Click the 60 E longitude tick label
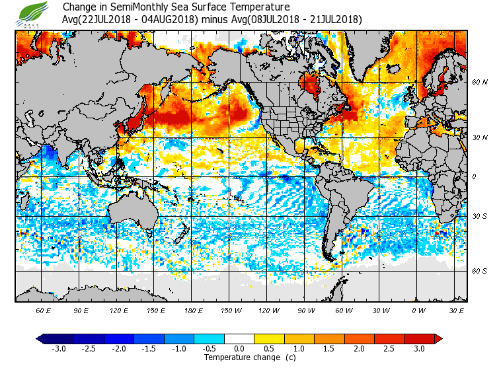[44, 311]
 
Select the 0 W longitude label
[418, 311]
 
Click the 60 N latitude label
[480, 82]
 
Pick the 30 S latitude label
[480, 217]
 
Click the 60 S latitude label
[480, 271]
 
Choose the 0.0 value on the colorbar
[239, 348]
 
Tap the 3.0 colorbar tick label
[419, 348]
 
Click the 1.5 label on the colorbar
[329, 348]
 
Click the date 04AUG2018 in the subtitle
[169, 19]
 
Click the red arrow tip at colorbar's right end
[440, 338]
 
